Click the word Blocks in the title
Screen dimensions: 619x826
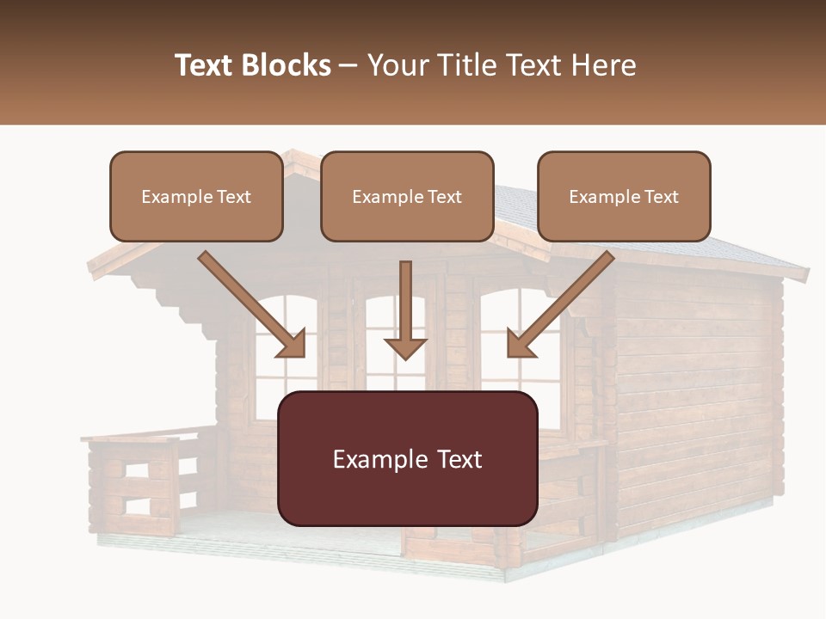click(x=287, y=65)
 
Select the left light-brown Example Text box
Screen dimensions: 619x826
click(x=196, y=197)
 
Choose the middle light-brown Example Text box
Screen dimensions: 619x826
click(x=407, y=197)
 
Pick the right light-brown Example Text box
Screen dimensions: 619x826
click(x=624, y=197)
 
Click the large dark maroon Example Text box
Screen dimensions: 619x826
click(x=407, y=459)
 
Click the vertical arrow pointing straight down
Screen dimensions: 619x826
click(x=405, y=309)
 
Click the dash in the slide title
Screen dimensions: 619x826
click(x=348, y=65)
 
